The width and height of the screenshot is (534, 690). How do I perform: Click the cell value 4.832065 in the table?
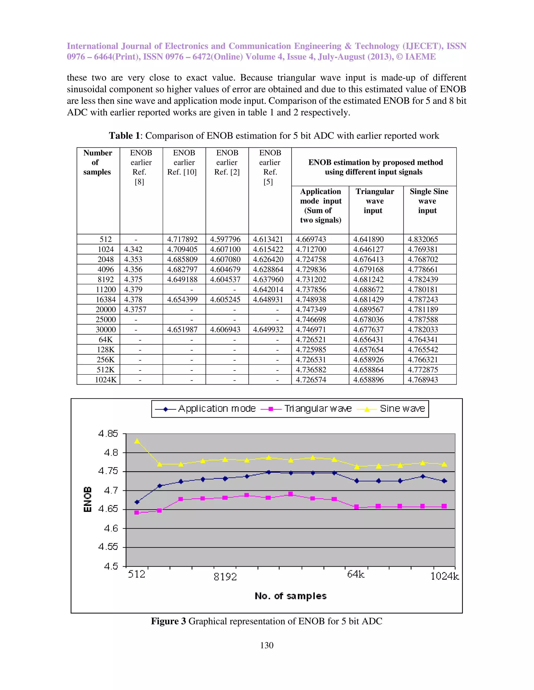423,239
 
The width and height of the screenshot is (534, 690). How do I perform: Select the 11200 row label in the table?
106,289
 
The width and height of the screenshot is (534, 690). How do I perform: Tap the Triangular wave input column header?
375,201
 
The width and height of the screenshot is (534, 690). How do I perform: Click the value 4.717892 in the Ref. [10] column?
182,239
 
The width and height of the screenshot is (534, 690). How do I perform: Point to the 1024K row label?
106,380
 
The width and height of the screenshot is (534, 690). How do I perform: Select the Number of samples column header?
98,162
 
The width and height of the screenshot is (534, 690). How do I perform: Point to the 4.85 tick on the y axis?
108,434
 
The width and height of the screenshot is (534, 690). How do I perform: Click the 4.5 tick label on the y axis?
111,566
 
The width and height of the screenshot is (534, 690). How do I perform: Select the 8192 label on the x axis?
225,577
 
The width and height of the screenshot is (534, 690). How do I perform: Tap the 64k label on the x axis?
356,574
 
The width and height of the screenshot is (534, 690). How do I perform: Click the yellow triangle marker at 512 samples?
137,441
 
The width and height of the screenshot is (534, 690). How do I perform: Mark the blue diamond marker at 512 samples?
137,502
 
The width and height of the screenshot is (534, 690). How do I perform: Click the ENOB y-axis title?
87,499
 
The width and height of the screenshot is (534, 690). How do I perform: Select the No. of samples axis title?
290,596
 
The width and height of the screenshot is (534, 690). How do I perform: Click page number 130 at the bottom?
267,645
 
